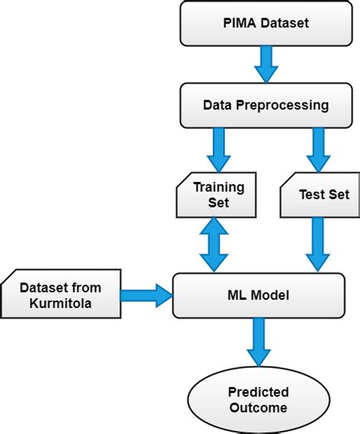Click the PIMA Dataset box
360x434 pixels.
point(266,24)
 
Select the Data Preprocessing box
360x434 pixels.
point(266,105)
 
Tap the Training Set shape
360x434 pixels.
point(216,195)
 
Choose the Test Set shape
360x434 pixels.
point(320,195)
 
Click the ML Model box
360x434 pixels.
point(258,295)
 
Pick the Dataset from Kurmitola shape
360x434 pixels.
point(61,294)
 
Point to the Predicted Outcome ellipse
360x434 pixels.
point(258,400)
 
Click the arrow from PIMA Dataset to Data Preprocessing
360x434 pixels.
point(266,64)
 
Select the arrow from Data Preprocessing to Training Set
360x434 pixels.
point(219,150)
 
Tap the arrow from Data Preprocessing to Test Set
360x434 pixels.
point(318,150)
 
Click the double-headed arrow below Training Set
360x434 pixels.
point(214,244)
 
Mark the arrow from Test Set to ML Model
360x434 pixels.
point(318,244)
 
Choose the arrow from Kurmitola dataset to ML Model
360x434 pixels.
point(147,295)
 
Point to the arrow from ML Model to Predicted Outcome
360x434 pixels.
point(259,342)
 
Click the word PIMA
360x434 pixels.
point(240,23)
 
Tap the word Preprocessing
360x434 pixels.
point(283,105)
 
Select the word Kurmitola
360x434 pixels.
point(61,303)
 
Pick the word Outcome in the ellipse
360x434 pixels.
point(258,407)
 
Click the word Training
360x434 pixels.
point(219,188)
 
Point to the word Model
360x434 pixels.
point(270,295)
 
